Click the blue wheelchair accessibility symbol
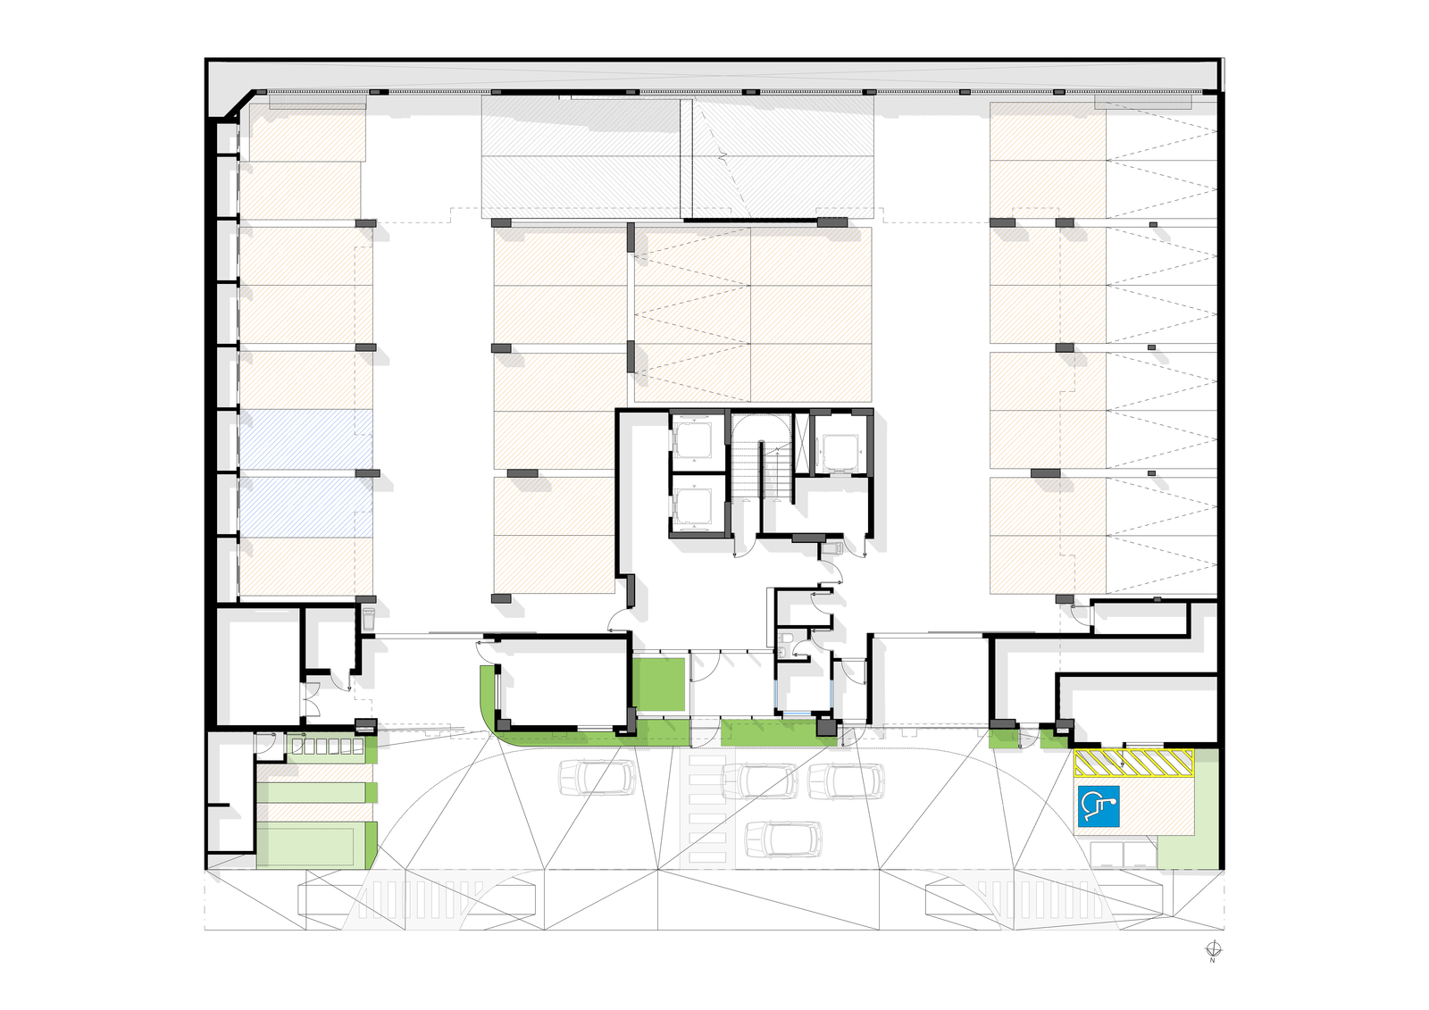point(1099,806)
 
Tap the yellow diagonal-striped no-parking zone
point(1133,764)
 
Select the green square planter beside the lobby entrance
point(658,685)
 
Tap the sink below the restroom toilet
point(781,652)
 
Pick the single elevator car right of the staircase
point(840,452)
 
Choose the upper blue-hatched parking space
point(305,441)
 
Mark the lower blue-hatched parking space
point(305,504)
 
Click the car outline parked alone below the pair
point(783,839)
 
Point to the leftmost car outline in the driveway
point(598,777)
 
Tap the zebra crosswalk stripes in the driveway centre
point(707,807)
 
